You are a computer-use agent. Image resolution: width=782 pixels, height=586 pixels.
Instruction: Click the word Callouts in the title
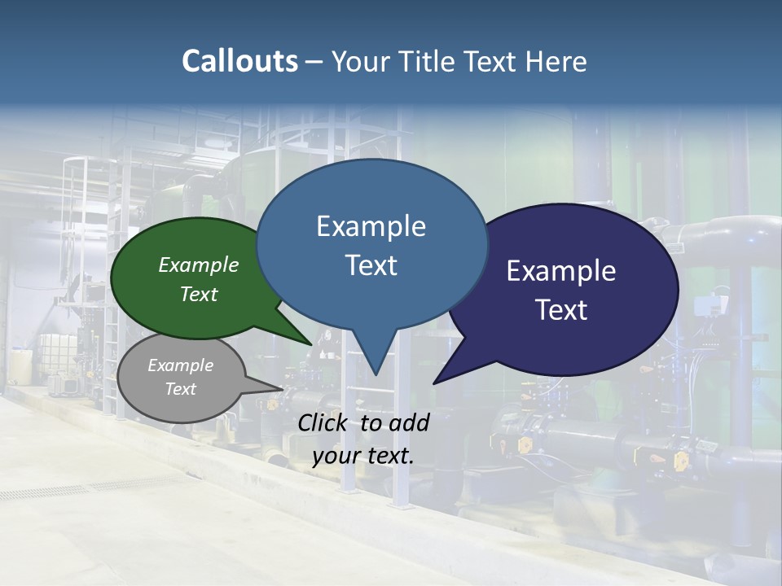click(239, 61)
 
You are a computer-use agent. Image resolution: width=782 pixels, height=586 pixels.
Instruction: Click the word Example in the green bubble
click(199, 265)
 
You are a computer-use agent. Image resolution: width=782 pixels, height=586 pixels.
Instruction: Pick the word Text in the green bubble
click(199, 294)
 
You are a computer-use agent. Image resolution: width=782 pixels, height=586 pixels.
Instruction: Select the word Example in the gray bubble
click(181, 365)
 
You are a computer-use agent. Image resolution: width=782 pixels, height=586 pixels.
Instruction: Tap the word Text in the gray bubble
click(181, 389)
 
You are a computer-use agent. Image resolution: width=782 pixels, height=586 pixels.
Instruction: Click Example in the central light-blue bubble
click(371, 226)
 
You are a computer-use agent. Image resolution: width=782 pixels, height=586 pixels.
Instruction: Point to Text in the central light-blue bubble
click(371, 265)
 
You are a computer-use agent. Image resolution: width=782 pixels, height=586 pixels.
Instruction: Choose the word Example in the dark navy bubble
click(561, 271)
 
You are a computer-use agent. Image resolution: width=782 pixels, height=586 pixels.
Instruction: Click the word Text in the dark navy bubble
click(561, 310)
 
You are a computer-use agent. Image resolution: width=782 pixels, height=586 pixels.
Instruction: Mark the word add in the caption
click(409, 422)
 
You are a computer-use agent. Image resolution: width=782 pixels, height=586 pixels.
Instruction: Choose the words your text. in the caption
click(363, 456)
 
